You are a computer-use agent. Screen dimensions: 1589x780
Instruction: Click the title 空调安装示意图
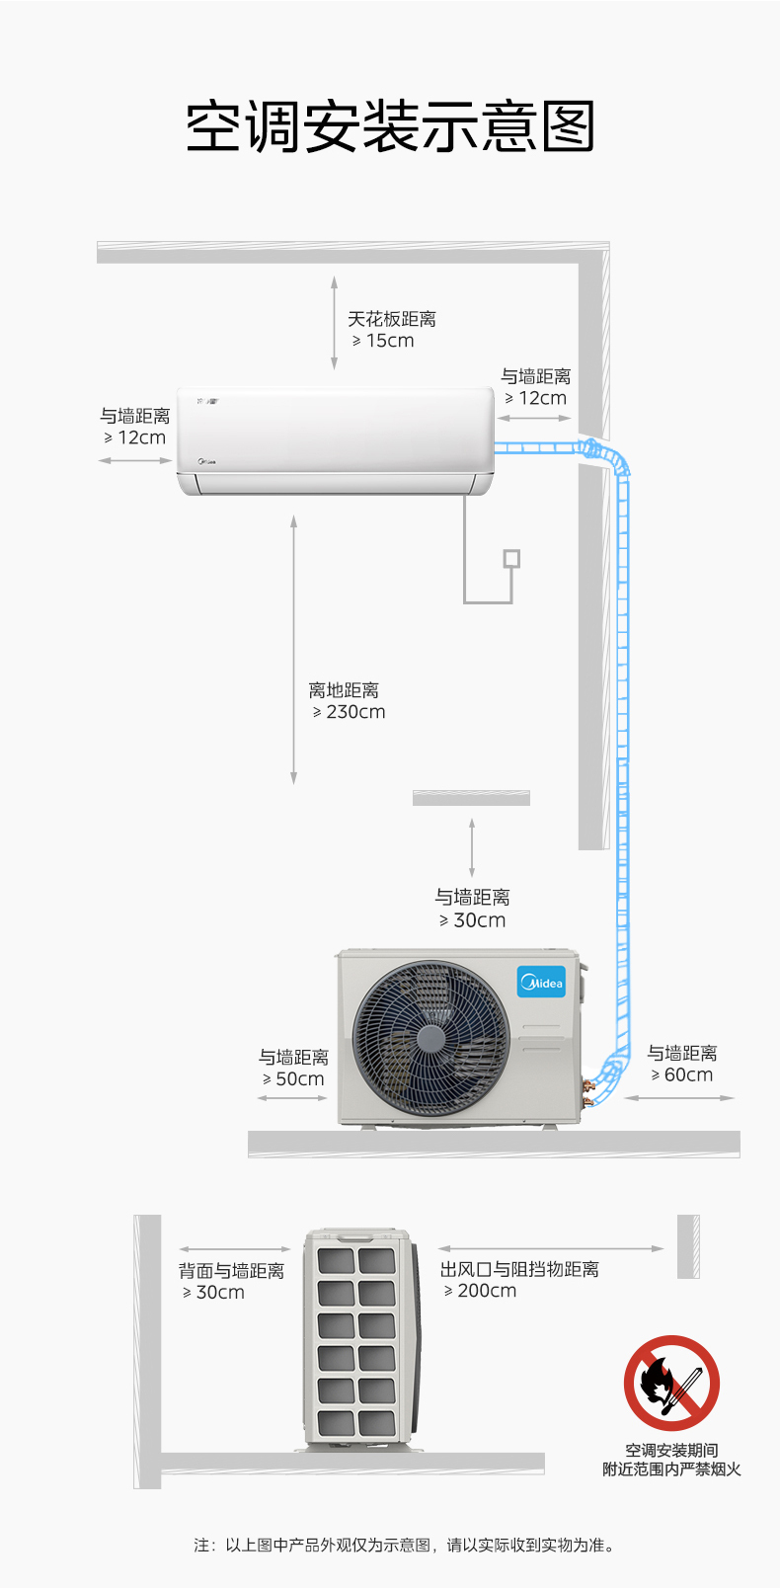pos(390,126)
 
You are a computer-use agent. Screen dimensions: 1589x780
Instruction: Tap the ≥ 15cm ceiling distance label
pos(384,341)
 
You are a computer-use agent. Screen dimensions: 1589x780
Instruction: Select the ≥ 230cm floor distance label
pos(350,712)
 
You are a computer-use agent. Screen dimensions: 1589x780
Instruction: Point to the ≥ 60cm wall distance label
pos(682,1075)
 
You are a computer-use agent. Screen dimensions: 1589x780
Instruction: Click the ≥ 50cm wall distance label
pos(293,1079)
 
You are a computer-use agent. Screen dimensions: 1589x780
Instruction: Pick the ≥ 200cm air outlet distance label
pos(481,1291)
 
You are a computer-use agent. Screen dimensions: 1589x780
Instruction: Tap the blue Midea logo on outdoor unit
pos(541,982)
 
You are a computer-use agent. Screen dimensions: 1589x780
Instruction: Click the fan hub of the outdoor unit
pos(430,1038)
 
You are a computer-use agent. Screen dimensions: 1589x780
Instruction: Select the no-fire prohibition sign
pos(671,1383)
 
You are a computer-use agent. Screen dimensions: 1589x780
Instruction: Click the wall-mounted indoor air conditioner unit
pos(336,439)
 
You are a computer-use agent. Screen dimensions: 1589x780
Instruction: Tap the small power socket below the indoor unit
pos(511,559)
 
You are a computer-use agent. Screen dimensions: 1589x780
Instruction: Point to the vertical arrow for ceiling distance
pos(334,321)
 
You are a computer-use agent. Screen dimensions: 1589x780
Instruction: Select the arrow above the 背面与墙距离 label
pos(234,1249)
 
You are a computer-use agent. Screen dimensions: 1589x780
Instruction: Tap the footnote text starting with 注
pos(405,1545)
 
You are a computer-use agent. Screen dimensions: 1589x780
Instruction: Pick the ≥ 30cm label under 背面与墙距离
pos(213,1293)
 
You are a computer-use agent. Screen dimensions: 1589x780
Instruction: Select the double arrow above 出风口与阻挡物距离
pos(551,1248)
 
